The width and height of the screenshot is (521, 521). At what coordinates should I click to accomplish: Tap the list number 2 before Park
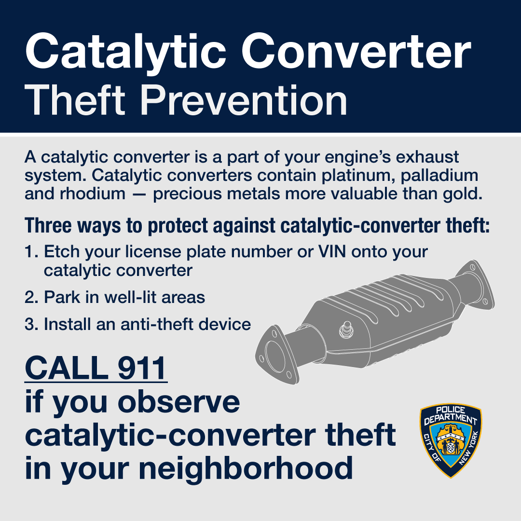point(30,297)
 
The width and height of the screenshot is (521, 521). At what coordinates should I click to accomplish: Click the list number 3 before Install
point(30,324)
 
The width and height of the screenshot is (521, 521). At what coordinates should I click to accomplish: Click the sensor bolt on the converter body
point(345,329)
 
